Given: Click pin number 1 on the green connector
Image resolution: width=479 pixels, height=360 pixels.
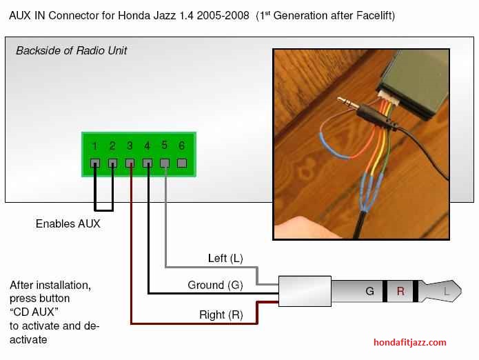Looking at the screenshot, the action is coord(94,146).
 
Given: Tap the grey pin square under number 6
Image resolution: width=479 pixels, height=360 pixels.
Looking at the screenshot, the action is coord(182,163).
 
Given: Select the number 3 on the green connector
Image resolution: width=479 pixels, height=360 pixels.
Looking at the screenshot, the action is coord(130,146).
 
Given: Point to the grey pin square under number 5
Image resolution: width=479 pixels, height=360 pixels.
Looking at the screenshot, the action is coord(165,163).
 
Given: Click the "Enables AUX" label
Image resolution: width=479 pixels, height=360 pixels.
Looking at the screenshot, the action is coord(68,223).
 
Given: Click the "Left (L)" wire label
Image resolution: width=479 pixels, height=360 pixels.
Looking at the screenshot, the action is coord(225,258).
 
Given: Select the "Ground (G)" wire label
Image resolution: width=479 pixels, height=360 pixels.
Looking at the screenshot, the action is coord(215,285).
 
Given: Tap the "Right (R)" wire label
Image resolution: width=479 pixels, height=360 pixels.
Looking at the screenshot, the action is coord(221,314).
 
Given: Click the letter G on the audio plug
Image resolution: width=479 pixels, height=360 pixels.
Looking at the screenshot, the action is coord(369,291).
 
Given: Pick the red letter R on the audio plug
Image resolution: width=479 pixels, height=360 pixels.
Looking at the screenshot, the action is coord(400,291).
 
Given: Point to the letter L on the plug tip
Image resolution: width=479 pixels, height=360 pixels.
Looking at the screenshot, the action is coord(447,291).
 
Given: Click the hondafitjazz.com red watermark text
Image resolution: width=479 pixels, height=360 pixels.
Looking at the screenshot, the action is coord(409,342).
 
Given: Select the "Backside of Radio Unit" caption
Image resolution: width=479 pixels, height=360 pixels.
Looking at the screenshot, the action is coord(71,50).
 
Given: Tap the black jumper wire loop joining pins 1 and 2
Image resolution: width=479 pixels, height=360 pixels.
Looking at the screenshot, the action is coord(104,210).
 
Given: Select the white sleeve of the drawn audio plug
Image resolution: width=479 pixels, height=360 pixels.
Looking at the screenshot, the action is coord(305,291).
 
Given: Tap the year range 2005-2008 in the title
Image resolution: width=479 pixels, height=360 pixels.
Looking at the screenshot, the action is coord(223,16).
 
